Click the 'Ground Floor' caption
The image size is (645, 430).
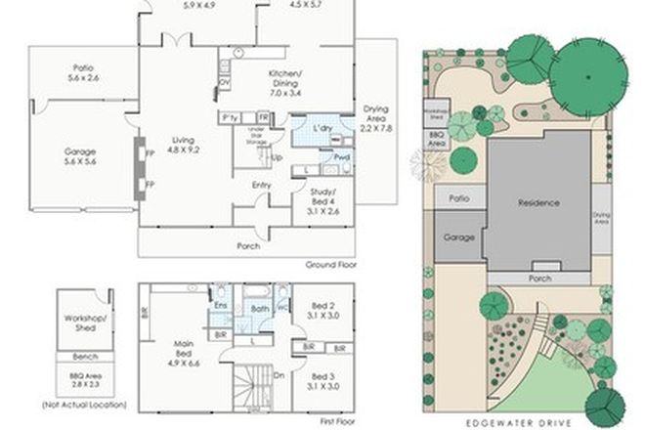(x=330, y=264)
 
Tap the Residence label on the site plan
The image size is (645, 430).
(x=539, y=203)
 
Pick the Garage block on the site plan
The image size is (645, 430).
(x=452, y=237)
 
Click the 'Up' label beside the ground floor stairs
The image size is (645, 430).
(x=278, y=157)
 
